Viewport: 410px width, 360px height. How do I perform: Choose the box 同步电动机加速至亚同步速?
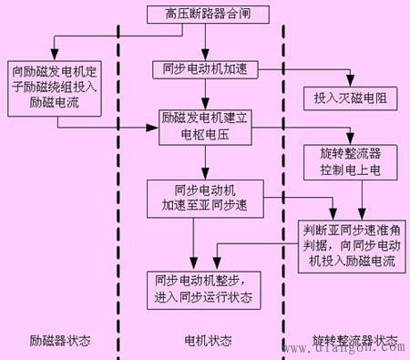(204, 199)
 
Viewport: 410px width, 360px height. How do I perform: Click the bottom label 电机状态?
(208, 342)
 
